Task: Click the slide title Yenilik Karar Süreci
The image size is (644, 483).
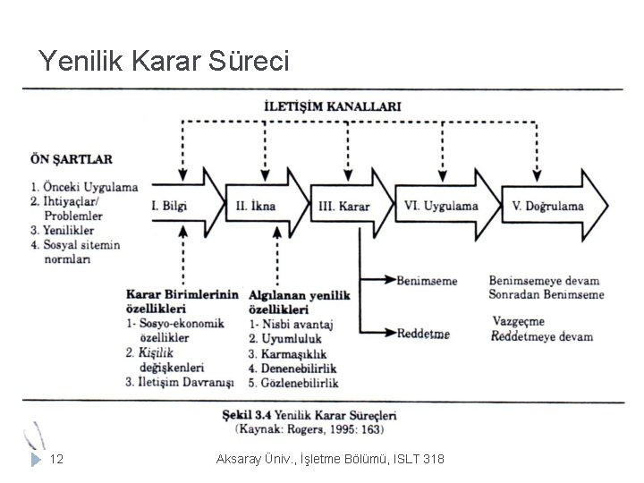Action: (x=165, y=61)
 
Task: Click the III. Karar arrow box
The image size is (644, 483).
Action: (x=344, y=206)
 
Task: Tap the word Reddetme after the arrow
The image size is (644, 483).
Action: (x=423, y=334)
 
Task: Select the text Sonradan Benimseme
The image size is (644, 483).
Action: (x=546, y=294)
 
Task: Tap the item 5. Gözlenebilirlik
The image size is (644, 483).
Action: (x=293, y=383)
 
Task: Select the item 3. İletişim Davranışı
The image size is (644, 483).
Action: (x=180, y=383)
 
